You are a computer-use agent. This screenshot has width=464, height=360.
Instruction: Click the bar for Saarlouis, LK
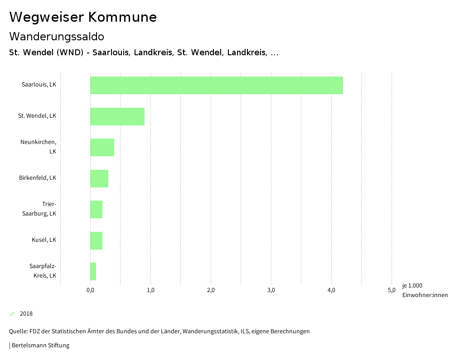[x=217, y=85]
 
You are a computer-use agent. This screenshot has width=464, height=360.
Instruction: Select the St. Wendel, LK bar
[x=117, y=116]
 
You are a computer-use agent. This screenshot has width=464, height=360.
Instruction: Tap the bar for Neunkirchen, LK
[x=102, y=147]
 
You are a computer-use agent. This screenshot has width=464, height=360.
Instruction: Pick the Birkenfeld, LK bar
[x=99, y=178]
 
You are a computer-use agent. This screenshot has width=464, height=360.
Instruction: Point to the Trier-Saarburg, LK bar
[x=97, y=209]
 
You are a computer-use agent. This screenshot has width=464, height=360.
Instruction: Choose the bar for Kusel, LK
[x=97, y=240]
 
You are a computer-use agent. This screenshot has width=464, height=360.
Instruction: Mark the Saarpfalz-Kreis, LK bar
[x=93, y=271]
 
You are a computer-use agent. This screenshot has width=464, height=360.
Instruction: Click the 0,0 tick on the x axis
[x=90, y=290]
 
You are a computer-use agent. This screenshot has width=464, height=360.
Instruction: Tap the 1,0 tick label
[x=150, y=290]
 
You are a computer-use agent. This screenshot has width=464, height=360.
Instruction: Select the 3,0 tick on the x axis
[x=271, y=290]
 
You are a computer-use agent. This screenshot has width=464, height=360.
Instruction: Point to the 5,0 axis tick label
[x=391, y=290]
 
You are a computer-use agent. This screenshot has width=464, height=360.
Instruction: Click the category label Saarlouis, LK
[x=39, y=85]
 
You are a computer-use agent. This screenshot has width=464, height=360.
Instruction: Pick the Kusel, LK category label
[x=44, y=240]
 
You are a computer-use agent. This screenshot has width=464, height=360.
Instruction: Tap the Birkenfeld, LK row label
[x=38, y=178]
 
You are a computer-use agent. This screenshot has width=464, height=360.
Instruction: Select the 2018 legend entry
[x=26, y=314]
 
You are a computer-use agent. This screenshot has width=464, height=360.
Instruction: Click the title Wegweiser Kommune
[x=83, y=17]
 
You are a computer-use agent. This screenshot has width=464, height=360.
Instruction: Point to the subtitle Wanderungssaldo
[x=57, y=36]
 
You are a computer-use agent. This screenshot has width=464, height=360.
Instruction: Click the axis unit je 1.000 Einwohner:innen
[x=425, y=290]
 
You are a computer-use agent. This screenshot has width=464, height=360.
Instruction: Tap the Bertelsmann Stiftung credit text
[x=40, y=346]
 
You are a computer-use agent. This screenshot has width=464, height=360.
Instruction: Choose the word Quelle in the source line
[x=18, y=331]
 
